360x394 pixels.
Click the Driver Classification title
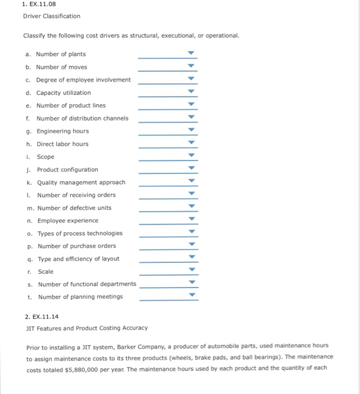tap(52, 16)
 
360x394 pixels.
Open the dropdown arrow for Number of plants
tap(191, 54)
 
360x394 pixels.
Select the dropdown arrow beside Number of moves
tap(191, 67)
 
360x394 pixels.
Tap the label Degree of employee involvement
tap(83, 80)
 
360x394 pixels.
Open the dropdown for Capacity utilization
tap(191, 92)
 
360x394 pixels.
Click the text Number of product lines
tap(71, 105)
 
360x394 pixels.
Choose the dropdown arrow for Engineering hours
tap(191, 131)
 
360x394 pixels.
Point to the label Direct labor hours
tap(62, 144)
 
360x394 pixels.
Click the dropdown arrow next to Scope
tap(191, 156)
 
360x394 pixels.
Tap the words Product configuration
tap(67, 169)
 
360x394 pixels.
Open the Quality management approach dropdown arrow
tap(191, 182)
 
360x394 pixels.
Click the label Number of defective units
tap(74, 208)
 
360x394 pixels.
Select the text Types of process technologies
tap(79, 233)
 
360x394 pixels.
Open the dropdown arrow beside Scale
tap(191, 271)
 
